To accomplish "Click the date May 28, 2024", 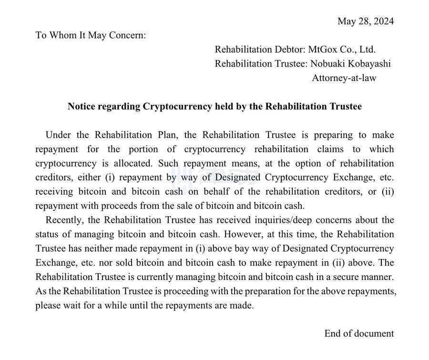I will click(x=366, y=21).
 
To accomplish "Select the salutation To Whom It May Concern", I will click(x=91, y=36).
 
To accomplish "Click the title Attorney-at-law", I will click(x=344, y=78).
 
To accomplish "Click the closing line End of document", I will click(x=359, y=333).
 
